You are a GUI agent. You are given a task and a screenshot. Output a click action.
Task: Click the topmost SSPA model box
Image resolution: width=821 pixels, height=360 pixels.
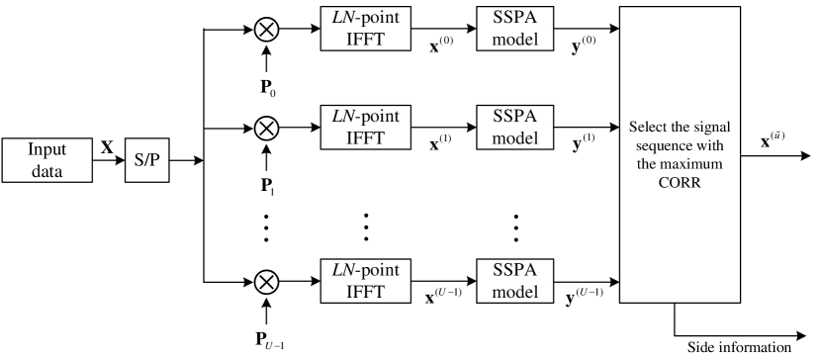click(514, 29)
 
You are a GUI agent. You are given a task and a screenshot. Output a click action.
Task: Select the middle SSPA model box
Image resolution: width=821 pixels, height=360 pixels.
click(514, 127)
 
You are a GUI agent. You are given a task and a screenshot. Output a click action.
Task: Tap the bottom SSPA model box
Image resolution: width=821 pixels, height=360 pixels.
click(514, 281)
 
